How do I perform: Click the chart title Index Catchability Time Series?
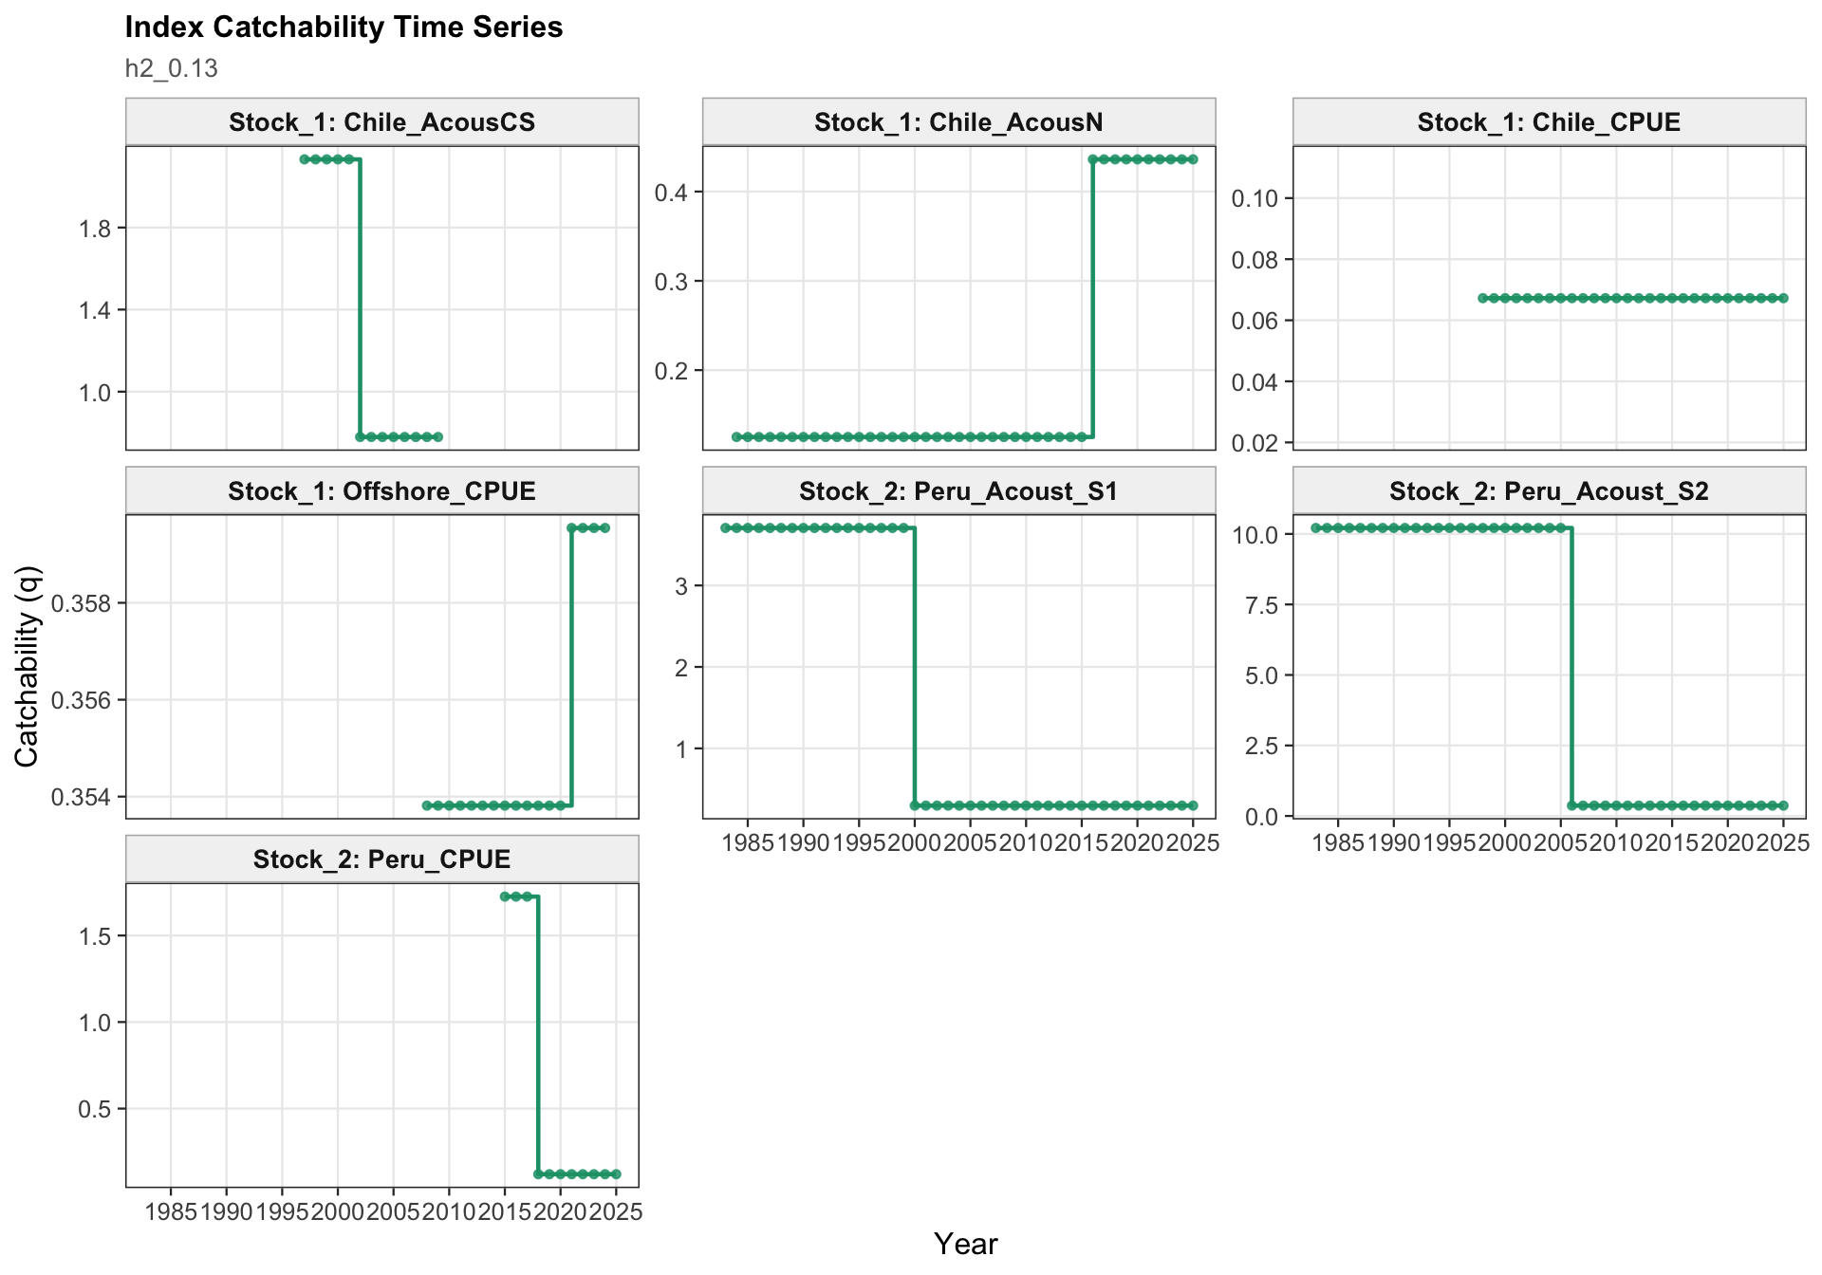pos(344,28)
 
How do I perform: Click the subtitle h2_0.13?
pos(171,68)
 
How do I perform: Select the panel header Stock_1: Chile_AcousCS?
pos(381,122)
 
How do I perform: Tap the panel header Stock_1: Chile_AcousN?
pos(958,122)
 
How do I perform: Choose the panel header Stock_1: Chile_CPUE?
pos(1549,122)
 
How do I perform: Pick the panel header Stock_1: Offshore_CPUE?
pos(381,491)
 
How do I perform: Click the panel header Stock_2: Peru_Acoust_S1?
pos(958,491)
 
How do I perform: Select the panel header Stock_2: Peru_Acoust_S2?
pos(1549,491)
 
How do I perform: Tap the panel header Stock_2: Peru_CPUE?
pos(381,859)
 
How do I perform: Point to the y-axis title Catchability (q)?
pos(28,666)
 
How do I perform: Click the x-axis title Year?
pos(965,1244)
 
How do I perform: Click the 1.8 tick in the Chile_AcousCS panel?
pos(97,229)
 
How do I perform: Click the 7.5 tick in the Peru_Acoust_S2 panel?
pos(1263,605)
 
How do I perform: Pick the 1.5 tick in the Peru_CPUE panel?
pos(97,936)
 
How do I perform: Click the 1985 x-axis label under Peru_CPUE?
pos(171,1212)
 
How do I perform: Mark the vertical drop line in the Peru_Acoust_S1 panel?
pos(914,667)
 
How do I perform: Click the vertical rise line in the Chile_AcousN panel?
pos(1092,298)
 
